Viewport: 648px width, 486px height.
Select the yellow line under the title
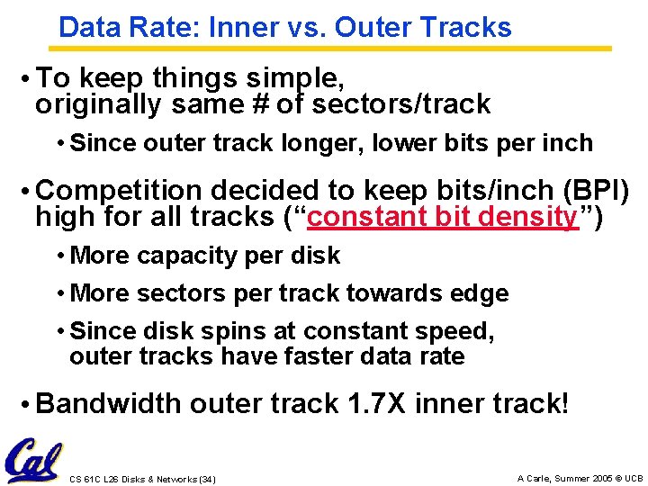(333, 48)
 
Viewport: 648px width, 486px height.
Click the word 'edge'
(483, 293)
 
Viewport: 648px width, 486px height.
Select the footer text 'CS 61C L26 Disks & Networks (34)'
(142, 478)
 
